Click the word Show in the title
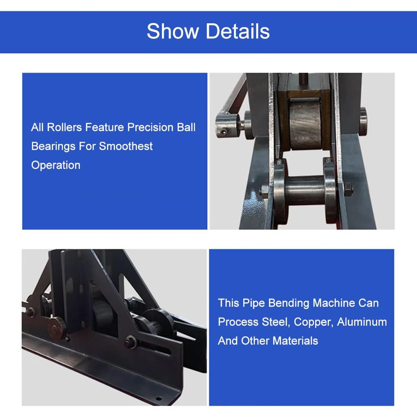(173, 31)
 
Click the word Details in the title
(238, 31)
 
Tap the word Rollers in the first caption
(65, 127)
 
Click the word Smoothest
(126, 146)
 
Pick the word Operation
(56, 165)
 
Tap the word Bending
(289, 303)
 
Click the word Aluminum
(362, 322)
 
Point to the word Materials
(295, 341)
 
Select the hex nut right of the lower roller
(348, 187)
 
